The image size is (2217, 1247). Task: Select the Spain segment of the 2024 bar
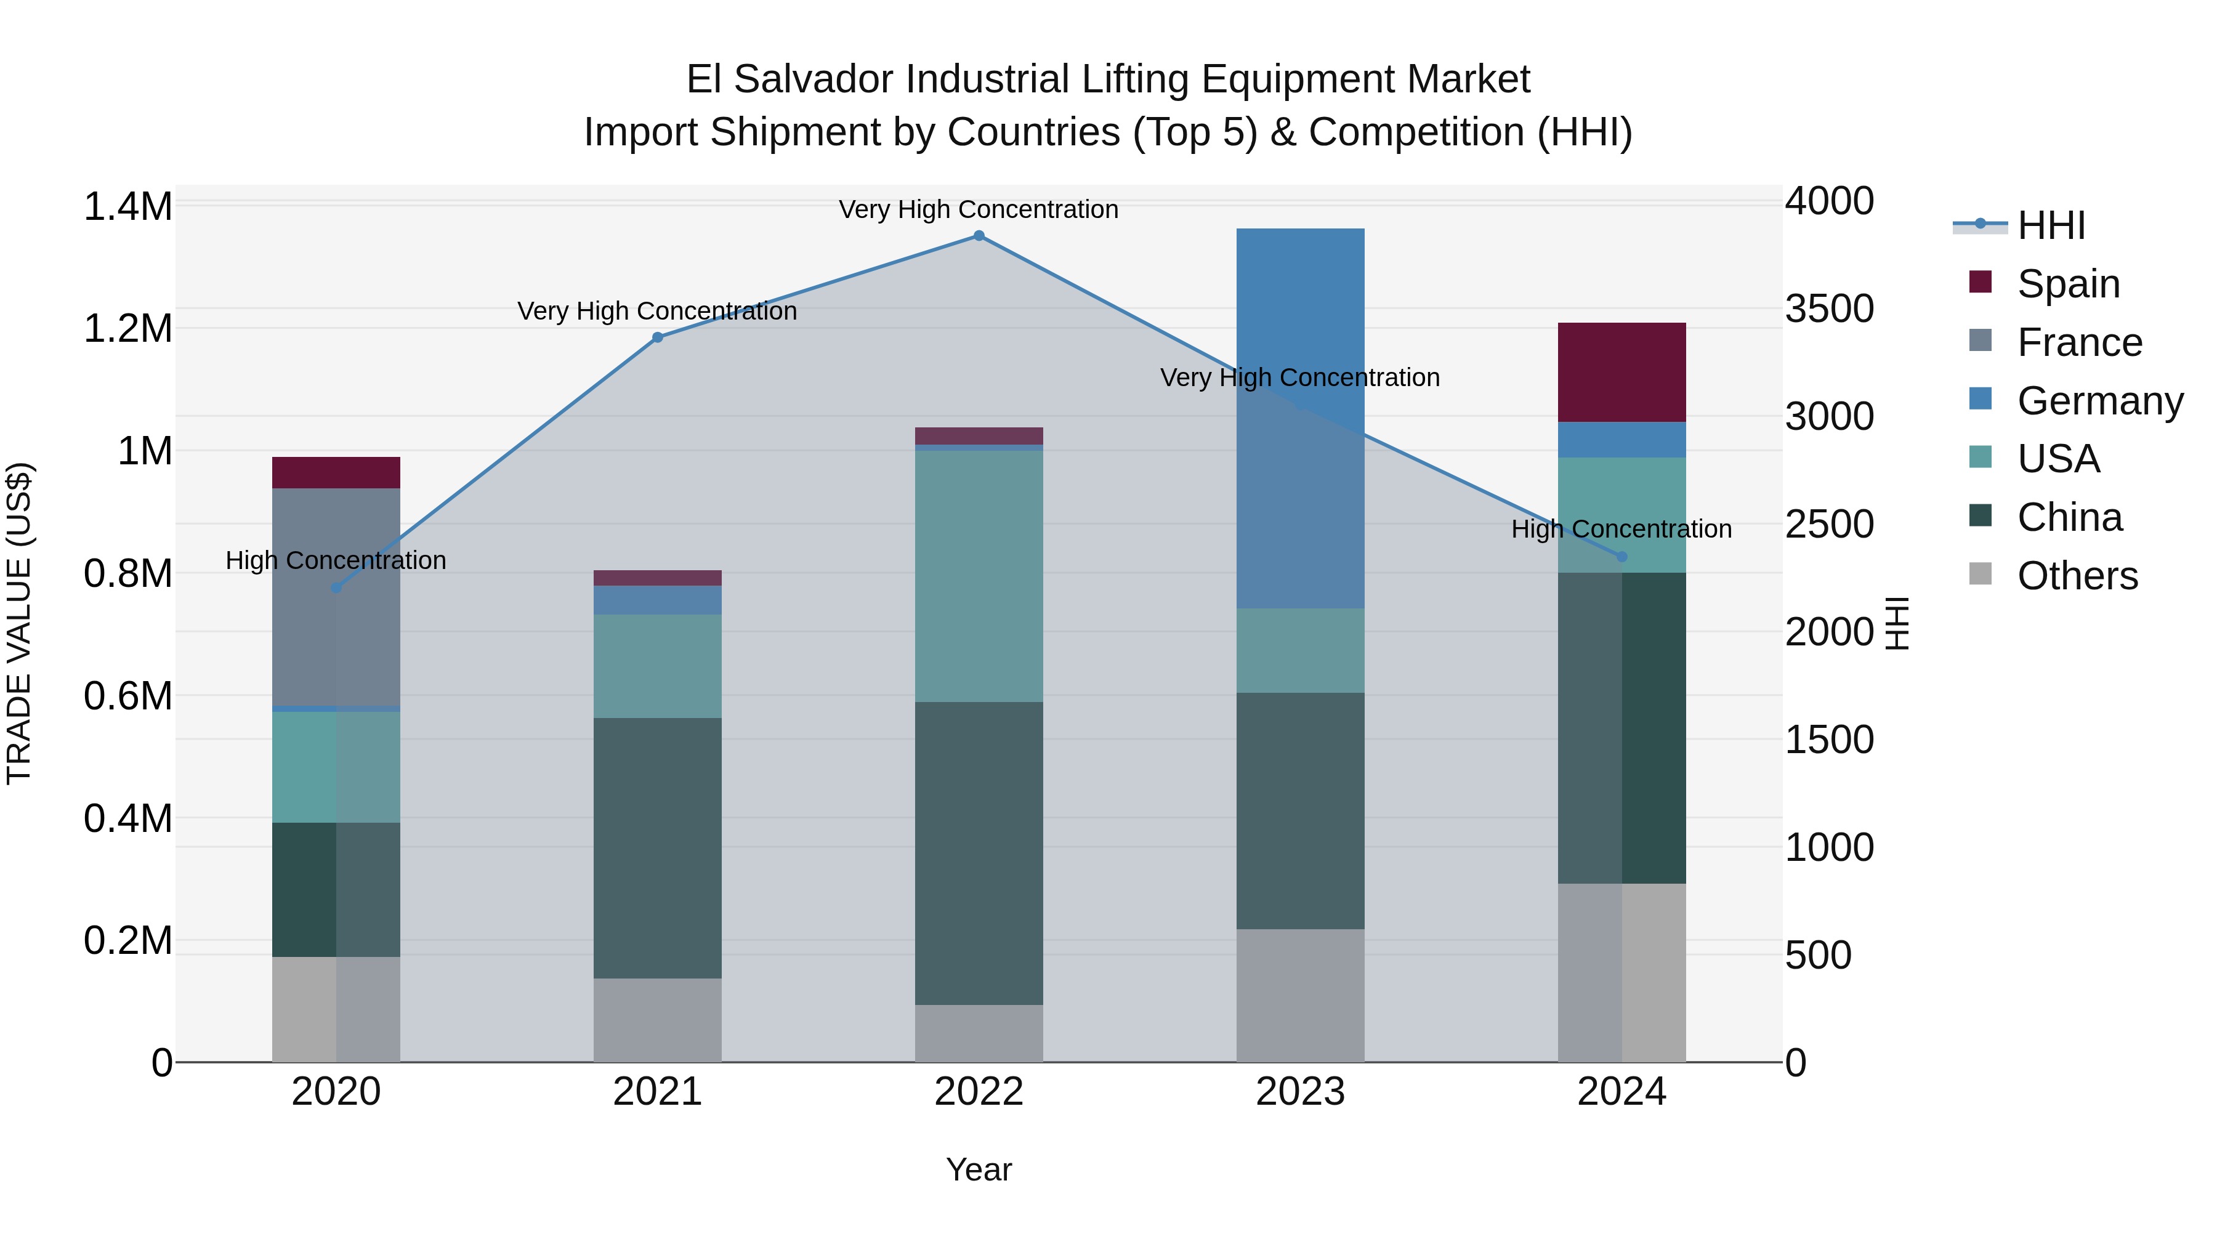pyautogui.click(x=1621, y=372)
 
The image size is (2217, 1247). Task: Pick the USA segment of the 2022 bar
pyautogui.click(x=979, y=576)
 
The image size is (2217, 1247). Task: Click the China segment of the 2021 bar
pyautogui.click(x=658, y=848)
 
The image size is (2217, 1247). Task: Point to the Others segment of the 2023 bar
pyautogui.click(x=1299, y=995)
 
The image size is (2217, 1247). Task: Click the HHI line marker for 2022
pyautogui.click(x=979, y=236)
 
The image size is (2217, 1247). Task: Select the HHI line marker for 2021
pyautogui.click(x=658, y=337)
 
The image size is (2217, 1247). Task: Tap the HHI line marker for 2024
pyautogui.click(x=1621, y=557)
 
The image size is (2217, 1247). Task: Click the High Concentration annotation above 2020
pyautogui.click(x=336, y=560)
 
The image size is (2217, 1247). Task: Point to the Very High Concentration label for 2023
pyautogui.click(x=1299, y=378)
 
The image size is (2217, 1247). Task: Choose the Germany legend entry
pyautogui.click(x=2099, y=401)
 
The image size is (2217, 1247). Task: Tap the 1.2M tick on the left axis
pyautogui.click(x=128, y=329)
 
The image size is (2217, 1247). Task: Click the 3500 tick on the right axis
pyautogui.click(x=1829, y=309)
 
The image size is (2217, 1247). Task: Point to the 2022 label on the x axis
pyautogui.click(x=979, y=1091)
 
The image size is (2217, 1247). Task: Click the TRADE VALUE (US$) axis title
pyautogui.click(x=19, y=623)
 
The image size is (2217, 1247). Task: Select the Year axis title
pyautogui.click(x=979, y=1169)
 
